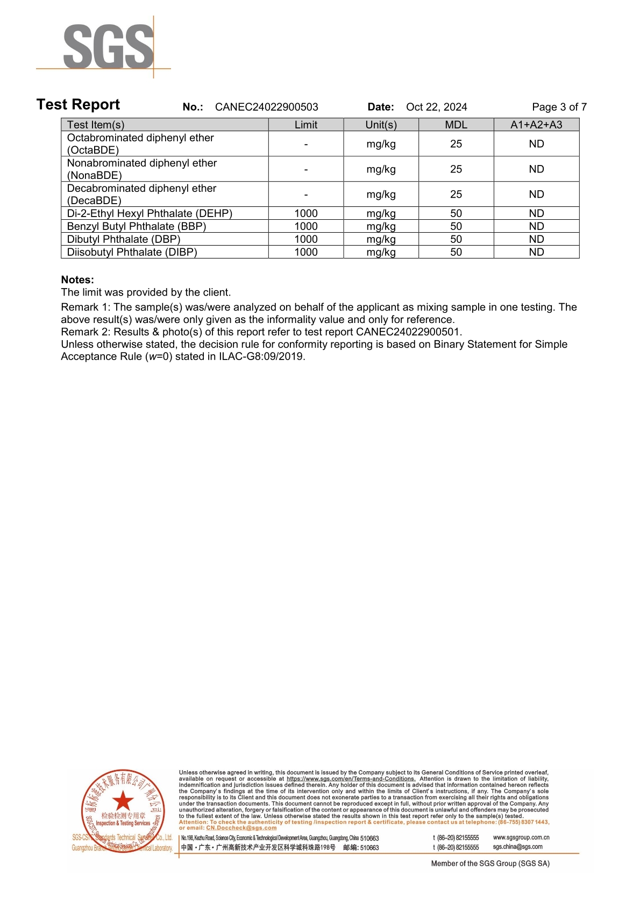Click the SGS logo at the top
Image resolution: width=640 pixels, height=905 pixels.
pos(108,47)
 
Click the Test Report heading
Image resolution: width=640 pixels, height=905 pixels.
pos(78,105)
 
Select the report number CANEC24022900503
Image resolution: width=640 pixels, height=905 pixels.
pos(266,107)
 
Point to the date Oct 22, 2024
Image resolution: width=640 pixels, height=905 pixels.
pos(436,107)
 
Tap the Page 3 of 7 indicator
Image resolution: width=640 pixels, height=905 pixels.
pos(559,107)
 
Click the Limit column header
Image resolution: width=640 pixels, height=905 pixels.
pos(305,125)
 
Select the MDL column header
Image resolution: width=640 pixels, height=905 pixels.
pos(456,125)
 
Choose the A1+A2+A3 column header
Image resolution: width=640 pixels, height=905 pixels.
pos(536,125)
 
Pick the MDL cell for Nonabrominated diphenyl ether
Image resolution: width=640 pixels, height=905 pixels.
pos(456,169)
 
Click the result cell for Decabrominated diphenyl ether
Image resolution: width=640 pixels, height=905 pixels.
pos(536,195)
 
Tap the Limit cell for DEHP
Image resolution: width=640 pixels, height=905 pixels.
pos(305,213)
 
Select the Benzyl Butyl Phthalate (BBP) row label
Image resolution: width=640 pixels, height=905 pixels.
pos(136,226)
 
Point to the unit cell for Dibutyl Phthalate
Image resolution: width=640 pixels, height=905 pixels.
pos(381,239)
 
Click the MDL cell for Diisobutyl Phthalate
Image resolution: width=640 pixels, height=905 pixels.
pos(456,252)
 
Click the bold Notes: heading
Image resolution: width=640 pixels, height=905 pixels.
pos(77,279)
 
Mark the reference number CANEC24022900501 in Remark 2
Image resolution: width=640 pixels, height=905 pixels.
pos(408,332)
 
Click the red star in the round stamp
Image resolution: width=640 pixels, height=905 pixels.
pos(123,800)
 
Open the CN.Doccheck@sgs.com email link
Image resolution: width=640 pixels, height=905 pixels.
pos(241,828)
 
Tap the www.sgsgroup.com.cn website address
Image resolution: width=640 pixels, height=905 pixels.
pos(521,837)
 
